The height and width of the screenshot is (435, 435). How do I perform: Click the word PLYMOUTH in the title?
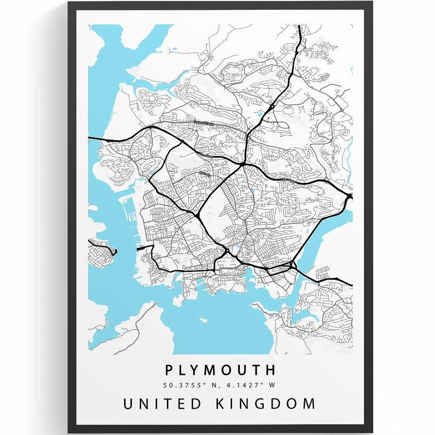coord(220,370)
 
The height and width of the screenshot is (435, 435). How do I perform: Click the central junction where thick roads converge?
coord(242,165)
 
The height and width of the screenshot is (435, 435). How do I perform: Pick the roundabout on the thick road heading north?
coord(272,106)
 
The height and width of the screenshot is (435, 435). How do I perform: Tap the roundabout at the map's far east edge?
coord(350,196)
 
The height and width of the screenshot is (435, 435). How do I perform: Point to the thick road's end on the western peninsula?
coord(115,252)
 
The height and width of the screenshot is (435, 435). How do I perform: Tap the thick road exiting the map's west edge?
coord(90,139)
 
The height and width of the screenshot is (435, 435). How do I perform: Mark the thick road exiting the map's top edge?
coord(299,26)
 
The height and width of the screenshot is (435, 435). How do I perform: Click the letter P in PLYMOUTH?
coord(169,370)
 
